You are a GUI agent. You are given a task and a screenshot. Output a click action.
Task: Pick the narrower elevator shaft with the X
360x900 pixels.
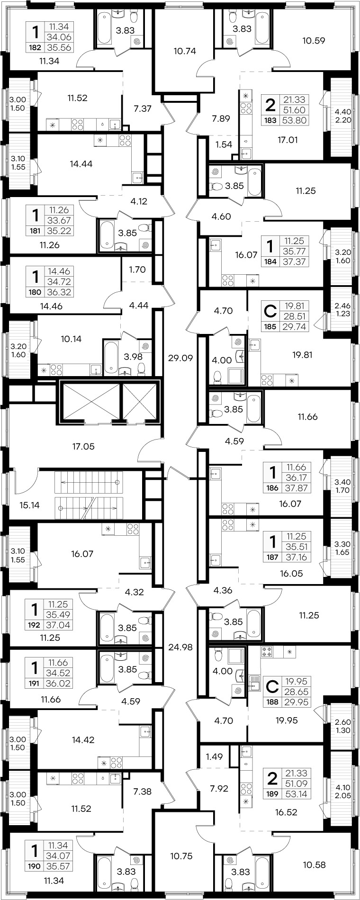click(139, 402)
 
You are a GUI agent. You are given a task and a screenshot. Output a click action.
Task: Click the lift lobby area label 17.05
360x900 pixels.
click(83, 446)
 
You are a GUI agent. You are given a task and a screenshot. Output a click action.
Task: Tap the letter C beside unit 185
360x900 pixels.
click(270, 311)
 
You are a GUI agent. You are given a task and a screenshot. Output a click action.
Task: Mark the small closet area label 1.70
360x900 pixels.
click(137, 270)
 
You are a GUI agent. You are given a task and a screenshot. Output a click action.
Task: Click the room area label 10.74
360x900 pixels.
click(178, 51)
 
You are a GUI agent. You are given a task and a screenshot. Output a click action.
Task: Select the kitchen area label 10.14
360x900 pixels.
click(72, 339)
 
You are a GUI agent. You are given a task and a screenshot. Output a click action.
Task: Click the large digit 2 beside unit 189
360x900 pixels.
click(272, 778)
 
